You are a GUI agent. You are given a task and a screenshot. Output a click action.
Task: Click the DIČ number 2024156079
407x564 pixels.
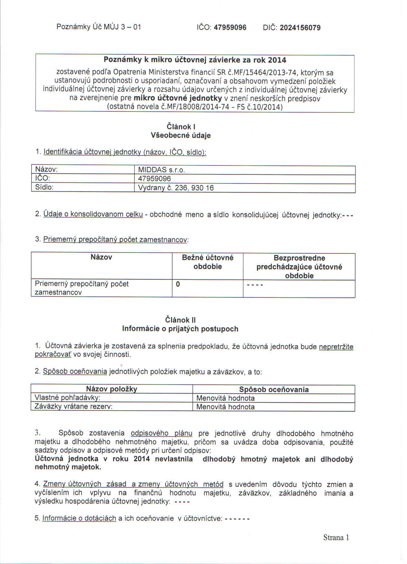(300, 28)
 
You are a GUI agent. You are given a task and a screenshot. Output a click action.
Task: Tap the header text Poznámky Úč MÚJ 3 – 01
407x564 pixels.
(99, 27)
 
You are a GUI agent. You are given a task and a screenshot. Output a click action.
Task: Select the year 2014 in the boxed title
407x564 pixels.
(277, 60)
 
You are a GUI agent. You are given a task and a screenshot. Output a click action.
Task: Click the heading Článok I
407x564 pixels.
(181, 127)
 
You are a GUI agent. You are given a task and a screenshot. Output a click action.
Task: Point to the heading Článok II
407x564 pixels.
(180, 320)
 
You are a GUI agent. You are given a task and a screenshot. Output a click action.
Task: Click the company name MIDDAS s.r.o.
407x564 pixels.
(161, 170)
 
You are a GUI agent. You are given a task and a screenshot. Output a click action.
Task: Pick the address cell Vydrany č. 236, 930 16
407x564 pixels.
(176, 188)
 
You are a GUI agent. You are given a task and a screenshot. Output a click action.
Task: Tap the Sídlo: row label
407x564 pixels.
(44, 187)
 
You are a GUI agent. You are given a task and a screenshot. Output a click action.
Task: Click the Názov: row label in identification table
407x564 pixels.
(46, 169)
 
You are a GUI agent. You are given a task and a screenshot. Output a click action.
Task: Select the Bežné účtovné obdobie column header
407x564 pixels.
(207, 262)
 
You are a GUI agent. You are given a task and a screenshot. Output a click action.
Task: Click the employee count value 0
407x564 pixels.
(178, 284)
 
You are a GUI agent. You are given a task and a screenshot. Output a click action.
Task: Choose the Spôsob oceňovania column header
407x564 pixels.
(274, 390)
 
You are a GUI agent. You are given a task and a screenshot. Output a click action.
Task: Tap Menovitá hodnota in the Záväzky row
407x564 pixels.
(225, 407)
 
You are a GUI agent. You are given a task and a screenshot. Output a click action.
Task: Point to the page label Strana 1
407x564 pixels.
(336, 537)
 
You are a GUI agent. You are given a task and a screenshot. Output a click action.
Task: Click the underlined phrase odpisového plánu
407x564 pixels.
(161, 433)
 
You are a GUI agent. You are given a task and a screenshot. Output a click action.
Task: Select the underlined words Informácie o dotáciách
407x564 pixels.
(79, 518)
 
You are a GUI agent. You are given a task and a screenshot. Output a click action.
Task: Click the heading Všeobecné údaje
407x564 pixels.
(181, 136)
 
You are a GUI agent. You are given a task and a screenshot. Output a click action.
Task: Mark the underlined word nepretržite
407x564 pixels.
(336, 347)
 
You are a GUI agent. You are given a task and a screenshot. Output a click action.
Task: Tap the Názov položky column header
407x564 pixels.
(111, 389)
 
